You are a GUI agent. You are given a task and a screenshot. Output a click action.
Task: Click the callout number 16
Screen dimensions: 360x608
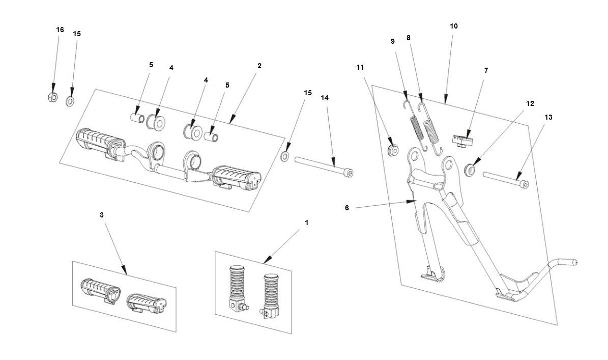tap(60, 30)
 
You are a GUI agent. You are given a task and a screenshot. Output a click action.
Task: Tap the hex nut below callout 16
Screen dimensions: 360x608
tap(52, 97)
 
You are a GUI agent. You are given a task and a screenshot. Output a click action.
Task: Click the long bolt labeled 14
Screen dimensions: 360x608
tap(323, 166)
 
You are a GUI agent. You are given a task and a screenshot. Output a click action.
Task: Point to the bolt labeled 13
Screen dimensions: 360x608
tap(506, 180)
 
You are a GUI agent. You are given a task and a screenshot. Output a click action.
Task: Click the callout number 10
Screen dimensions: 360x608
tap(454, 26)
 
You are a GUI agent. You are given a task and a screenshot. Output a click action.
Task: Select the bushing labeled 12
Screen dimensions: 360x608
tap(471, 167)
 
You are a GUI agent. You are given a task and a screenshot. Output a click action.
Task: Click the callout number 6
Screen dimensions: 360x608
tap(347, 208)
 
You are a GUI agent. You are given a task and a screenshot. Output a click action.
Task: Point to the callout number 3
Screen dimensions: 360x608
tap(102, 215)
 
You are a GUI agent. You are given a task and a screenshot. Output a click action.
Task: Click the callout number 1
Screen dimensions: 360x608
tap(307, 223)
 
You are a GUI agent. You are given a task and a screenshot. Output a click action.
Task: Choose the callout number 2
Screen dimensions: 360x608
tap(259, 66)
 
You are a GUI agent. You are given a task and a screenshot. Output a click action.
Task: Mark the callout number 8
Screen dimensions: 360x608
tap(409, 38)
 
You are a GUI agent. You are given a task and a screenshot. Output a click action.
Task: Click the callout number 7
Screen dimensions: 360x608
tap(486, 71)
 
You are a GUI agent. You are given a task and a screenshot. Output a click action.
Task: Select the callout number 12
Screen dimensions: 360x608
tap(530, 103)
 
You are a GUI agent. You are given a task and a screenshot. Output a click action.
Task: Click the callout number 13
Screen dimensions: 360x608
tap(548, 118)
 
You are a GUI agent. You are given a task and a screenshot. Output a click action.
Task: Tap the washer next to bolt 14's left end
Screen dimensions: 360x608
tap(285, 155)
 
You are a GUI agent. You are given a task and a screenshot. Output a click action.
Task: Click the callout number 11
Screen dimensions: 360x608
tap(360, 67)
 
